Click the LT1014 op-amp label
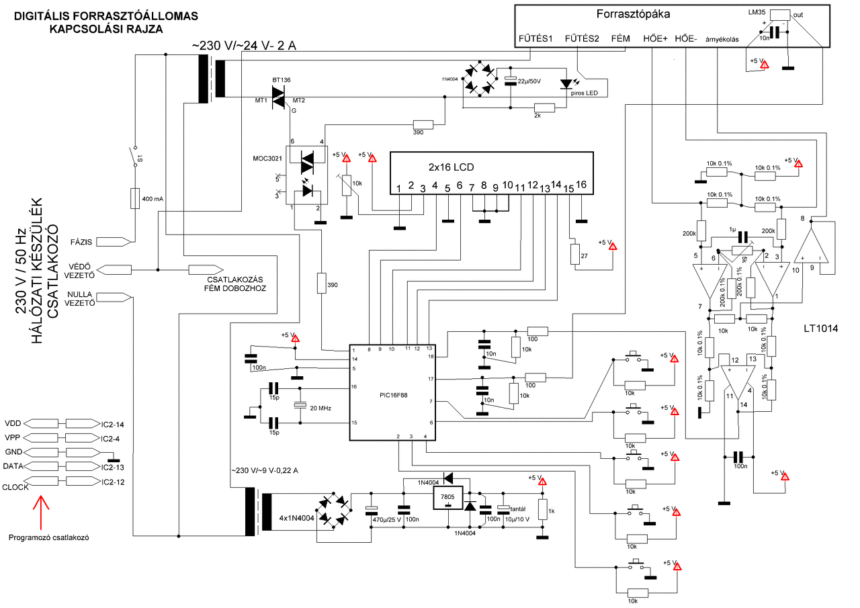click(x=822, y=329)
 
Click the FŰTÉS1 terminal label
click(x=535, y=38)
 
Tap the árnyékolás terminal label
click(x=722, y=39)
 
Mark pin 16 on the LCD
click(x=582, y=185)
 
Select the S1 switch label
click(x=141, y=159)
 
